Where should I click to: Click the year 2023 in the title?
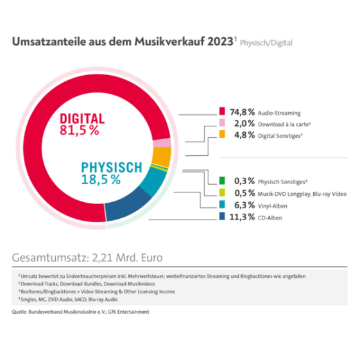tap(220, 42)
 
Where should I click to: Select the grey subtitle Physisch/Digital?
tap(266, 43)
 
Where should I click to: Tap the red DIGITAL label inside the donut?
tap(82, 119)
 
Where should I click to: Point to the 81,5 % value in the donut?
tap(80, 130)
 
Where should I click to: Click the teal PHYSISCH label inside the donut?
tap(112, 167)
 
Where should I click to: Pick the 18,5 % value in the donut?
tap(101, 180)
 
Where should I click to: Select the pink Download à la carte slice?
tap(162, 143)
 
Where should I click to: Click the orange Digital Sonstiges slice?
tap(162, 157)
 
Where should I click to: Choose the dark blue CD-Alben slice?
tap(126, 204)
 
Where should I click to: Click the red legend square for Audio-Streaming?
tap(222, 111)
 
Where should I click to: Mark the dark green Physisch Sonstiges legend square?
tap(222, 181)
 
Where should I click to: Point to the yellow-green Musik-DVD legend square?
tap(222, 193)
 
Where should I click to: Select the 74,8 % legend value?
tap(243, 112)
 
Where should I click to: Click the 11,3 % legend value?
tap(242, 217)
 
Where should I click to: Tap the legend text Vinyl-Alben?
tap(273, 206)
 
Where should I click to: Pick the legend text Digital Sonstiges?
tap(280, 136)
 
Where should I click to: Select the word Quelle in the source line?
tap(19, 312)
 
